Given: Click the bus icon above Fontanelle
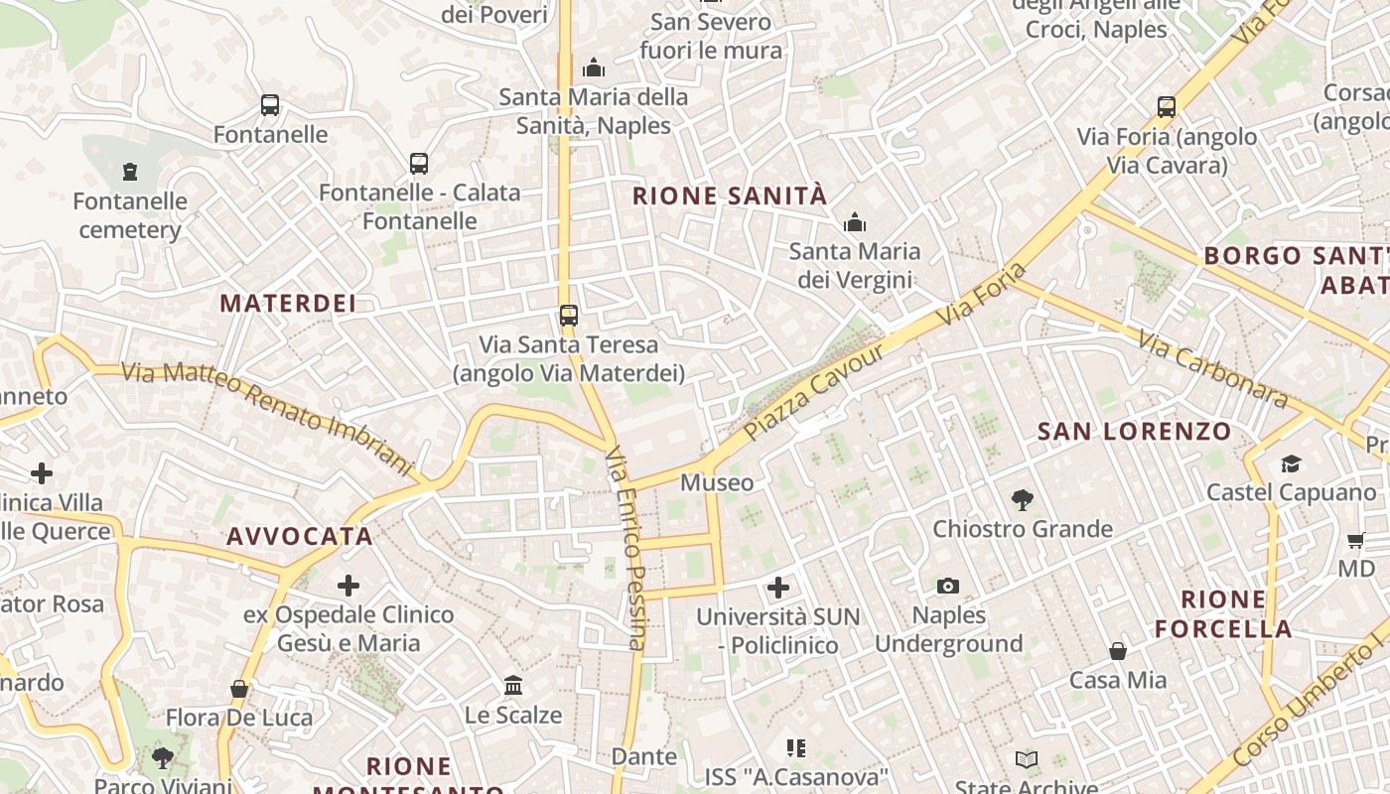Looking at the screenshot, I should [269, 105].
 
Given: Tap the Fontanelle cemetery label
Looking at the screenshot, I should [130, 215].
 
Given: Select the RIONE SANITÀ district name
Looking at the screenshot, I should [730, 196].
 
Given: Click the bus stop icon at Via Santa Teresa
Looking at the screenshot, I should [568, 316].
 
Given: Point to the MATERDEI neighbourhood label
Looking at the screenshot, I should [288, 303].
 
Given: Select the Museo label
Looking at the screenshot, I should [717, 482].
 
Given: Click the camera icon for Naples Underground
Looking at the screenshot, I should [948, 586].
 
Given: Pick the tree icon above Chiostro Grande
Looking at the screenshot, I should [1023, 499].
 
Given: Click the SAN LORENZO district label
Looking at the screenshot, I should [1134, 431].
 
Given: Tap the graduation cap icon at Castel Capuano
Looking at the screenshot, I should [1291, 463].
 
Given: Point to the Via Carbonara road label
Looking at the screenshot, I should [1213, 369].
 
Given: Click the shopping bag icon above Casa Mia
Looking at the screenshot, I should [1118, 651].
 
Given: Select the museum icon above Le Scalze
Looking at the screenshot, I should [513, 685].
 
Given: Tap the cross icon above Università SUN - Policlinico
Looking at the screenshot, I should [778, 588].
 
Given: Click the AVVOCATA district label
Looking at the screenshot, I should [300, 536].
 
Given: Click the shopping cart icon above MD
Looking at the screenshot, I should [1356, 540].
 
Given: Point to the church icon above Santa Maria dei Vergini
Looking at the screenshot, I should [854, 222].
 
